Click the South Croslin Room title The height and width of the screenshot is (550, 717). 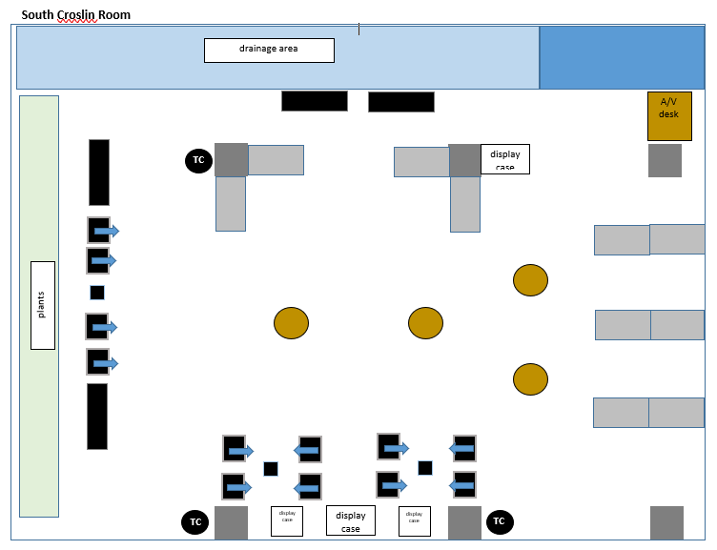point(76,14)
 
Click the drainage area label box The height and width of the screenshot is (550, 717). point(269,50)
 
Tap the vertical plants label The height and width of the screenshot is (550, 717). point(42,305)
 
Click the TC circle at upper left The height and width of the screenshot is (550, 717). point(198,160)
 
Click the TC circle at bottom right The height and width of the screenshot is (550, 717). point(499,521)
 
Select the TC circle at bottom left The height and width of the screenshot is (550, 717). point(195,522)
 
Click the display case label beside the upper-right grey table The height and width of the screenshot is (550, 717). point(504,159)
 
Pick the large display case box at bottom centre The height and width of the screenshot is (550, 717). point(351,520)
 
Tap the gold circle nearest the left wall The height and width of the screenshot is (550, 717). point(291,323)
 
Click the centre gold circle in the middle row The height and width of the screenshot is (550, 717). point(425,323)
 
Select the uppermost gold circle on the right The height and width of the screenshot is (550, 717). point(530,280)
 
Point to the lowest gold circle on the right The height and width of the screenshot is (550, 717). point(530,378)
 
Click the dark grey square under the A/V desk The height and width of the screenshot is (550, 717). point(665,160)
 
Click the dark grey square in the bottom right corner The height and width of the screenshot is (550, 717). point(666,522)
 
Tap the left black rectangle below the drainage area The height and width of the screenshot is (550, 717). point(314,101)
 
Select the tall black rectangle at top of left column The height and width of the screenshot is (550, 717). point(99,173)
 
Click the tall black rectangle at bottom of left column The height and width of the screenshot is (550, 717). point(97,417)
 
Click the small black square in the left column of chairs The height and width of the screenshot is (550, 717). point(97,293)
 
